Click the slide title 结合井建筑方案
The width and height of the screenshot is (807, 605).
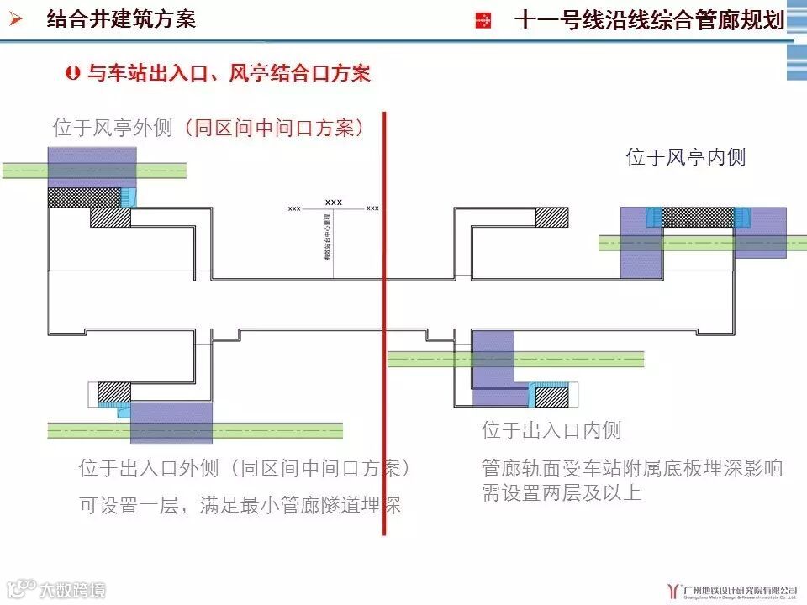point(121,19)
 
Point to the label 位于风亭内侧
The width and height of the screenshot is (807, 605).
point(686,157)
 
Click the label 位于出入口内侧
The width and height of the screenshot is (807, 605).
point(551,431)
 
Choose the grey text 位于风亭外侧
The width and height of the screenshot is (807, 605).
point(113,129)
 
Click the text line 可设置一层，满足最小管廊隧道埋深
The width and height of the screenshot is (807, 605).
point(240,506)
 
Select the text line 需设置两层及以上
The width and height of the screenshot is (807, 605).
point(562,492)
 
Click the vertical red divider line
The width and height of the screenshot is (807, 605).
point(384,324)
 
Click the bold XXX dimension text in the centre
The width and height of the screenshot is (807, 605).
point(334,203)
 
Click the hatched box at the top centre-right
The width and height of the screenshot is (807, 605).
point(551,217)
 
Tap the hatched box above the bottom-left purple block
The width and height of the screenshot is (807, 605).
point(113,392)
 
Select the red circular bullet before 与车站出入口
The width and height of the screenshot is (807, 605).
point(72,74)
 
